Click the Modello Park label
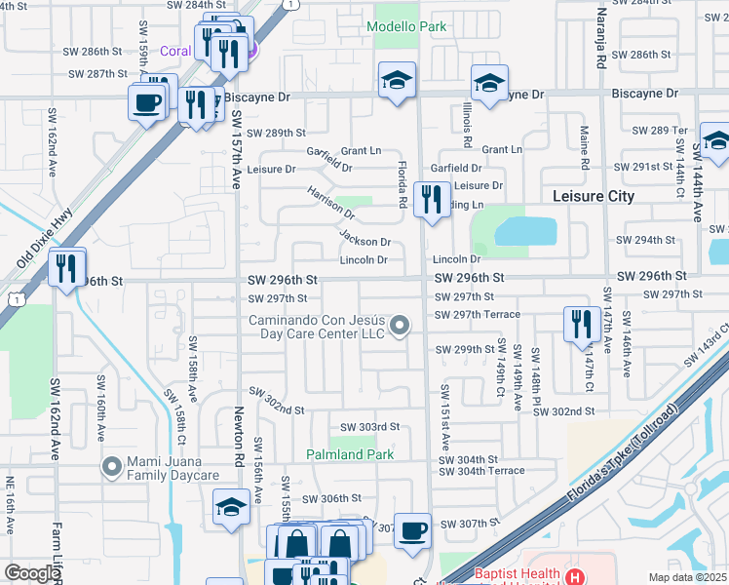[406, 26]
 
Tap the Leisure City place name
[594, 196]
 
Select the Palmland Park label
[349, 454]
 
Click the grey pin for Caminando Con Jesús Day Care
[399, 326]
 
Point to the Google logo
[32, 573]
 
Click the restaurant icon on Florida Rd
[431, 200]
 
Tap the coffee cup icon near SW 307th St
[412, 529]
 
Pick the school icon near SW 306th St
[231, 506]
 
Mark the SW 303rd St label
[370, 427]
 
